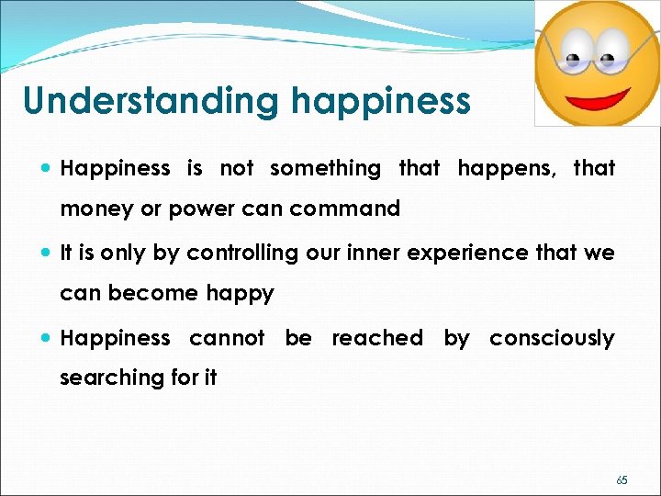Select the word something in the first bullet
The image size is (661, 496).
(x=325, y=168)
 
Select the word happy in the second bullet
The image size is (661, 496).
(x=241, y=294)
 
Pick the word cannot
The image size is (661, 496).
(x=227, y=338)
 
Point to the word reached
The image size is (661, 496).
(x=376, y=338)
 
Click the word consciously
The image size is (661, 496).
(x=551, y=338)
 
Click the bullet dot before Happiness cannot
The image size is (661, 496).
(x=46, y=339)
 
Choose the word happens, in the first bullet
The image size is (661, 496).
(x=505, y=168)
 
